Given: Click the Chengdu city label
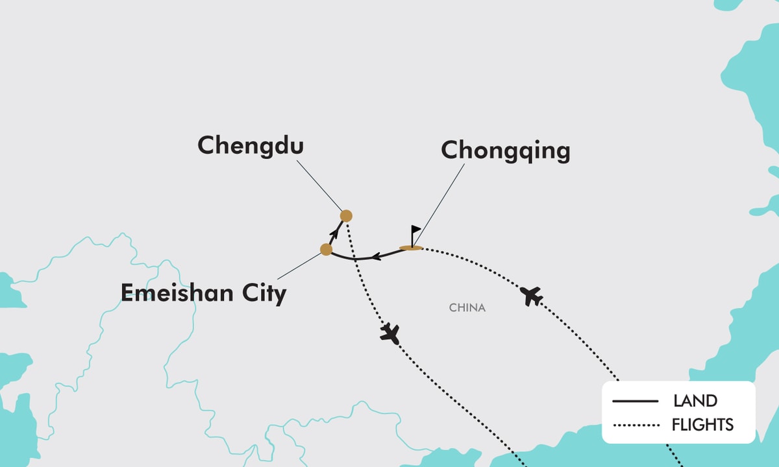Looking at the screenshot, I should (251, 145).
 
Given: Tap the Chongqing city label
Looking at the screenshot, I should (506, 150).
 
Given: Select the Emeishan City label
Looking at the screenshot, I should (203, 293).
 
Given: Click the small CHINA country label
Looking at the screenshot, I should (467, 307).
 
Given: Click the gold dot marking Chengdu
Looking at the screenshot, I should (346, 216).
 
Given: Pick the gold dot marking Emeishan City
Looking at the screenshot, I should (327, 249).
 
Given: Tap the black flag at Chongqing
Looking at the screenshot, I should (415, 232).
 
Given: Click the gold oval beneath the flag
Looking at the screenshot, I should (411, 248).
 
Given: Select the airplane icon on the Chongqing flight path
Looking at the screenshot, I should (532, 296).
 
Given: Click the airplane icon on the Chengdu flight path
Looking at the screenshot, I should (390, 333).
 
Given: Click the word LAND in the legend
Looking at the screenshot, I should (695, 401).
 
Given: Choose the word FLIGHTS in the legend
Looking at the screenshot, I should (702, 425).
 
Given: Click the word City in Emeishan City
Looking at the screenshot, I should (263, 294).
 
